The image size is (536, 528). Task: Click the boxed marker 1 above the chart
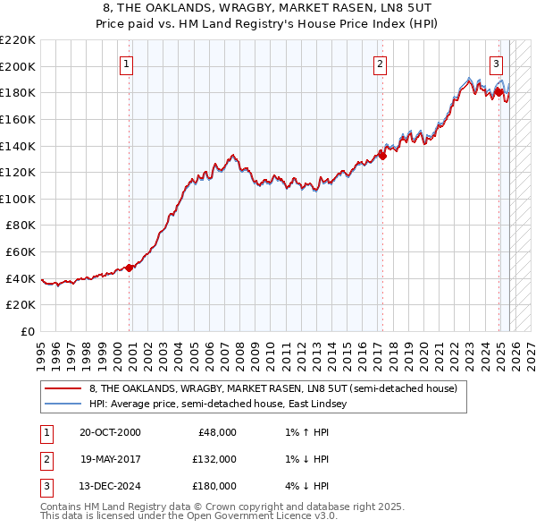coord(127,64)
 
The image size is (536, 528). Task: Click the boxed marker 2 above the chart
coord(381,64)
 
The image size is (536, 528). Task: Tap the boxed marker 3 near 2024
coord(496,64)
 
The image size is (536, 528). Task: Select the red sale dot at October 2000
coord(130,267)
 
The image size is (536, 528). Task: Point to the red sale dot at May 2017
coord(382,155)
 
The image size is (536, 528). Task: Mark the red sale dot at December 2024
coord(498,91)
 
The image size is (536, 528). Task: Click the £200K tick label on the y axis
coord(18,66)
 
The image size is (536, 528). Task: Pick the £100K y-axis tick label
coord(18,199)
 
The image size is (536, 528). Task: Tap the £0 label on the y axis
coord(26,331)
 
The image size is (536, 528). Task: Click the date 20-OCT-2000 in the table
coord(110,432)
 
